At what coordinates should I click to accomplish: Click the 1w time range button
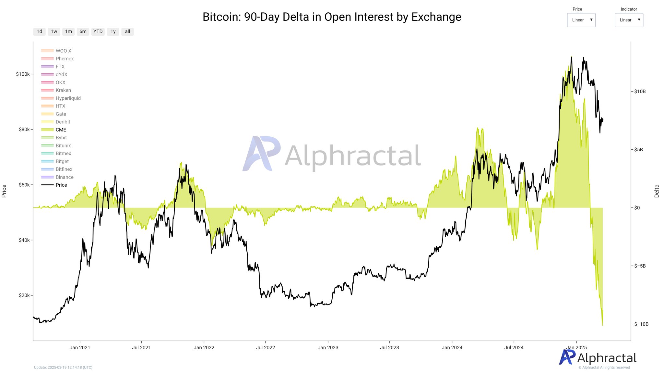click(54, 31)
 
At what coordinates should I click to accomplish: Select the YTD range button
click(98, 31)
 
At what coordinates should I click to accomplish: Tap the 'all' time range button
click(127, 31)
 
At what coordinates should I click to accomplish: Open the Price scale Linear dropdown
click(581, 20)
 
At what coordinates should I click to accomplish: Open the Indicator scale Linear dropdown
click(629, 20)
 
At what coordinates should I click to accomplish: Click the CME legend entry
click(61, 130)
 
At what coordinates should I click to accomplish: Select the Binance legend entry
click(64, 177)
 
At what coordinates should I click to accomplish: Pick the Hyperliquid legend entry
click(68, 98)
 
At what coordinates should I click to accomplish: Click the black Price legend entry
click(61, 185)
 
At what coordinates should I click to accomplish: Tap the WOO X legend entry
click(63, 51)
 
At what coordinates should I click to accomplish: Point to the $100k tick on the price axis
click(23, 74)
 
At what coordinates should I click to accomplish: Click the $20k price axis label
click(24, 295)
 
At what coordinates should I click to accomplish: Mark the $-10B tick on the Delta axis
click(641, 324)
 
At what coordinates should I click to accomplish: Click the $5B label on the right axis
click(638, 150)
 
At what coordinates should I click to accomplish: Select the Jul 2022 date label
click(265, 347)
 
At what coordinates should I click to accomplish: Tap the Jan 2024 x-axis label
click(452, 347)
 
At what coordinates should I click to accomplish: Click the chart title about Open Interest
click(332, 17)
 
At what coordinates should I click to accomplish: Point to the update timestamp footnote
click(63, 368)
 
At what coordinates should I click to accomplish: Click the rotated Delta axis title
click(657, 191)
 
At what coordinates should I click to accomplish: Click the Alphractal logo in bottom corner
click(598, 358)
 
